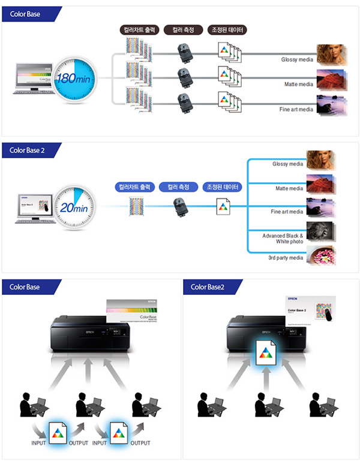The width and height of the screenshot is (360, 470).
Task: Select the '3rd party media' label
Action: click(x=286, y=258)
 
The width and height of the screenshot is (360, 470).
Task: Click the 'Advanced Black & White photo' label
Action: click(x=283, y=238)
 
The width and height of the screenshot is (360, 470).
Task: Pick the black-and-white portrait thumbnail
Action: click(x=320, y=231)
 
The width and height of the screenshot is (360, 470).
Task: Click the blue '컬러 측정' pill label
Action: click(x=178, y=187)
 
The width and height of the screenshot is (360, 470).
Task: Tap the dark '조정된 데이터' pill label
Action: click(x=227, y=29)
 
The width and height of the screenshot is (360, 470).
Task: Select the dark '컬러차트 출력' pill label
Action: click(x=140, y=29)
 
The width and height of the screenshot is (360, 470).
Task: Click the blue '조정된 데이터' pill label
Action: click(x=222, y=187)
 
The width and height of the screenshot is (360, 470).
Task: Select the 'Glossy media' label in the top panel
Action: click(x=297, y=59)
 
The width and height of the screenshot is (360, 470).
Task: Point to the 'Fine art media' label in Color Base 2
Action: click(x=287, y=212)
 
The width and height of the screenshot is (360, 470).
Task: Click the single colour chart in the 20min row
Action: click(x=135, y=207)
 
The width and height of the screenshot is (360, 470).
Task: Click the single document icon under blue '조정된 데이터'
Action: click(x=223, y=207)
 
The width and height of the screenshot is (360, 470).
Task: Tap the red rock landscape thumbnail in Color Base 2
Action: click(x=320, y=183)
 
